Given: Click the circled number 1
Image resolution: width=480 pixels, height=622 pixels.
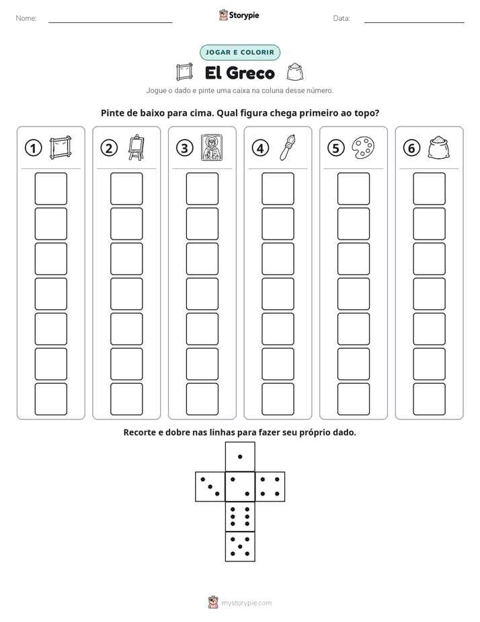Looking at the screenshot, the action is [33, 148].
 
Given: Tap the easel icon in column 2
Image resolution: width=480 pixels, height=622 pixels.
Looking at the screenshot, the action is [136, 147].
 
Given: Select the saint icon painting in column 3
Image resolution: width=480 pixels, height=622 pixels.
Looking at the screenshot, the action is [212, 147].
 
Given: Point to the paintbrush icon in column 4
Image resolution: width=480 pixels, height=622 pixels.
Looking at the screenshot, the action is [288, 147].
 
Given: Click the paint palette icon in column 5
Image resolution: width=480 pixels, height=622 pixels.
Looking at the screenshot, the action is [363, 148].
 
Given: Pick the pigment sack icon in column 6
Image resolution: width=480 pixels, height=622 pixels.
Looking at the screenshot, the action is [439, 147].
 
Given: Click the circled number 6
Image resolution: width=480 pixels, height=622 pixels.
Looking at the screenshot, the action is [411, 148].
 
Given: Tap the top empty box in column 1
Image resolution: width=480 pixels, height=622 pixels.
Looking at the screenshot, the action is [50, 188].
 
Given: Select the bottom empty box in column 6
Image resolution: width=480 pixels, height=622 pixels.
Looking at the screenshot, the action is [429, 399].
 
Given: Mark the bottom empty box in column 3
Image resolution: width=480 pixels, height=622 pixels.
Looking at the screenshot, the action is [202, 399].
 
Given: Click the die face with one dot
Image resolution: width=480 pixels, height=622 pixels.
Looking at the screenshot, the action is [240, 456].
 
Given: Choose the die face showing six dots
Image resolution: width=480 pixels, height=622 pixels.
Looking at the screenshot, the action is [240, 516].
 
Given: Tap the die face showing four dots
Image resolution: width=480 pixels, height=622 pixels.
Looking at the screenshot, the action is [270, 486].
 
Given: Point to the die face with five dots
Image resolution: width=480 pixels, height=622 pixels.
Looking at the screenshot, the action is [240, 547].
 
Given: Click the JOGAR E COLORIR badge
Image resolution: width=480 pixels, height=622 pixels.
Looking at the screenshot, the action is [240, 53].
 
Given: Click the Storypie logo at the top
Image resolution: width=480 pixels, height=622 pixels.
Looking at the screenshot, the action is [239, 15].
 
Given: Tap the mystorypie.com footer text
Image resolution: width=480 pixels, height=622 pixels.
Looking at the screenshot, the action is [246, 603].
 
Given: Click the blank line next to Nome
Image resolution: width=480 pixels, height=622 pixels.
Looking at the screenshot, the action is [110, 22].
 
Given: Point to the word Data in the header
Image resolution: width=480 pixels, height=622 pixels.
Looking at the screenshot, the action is [342, 18].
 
